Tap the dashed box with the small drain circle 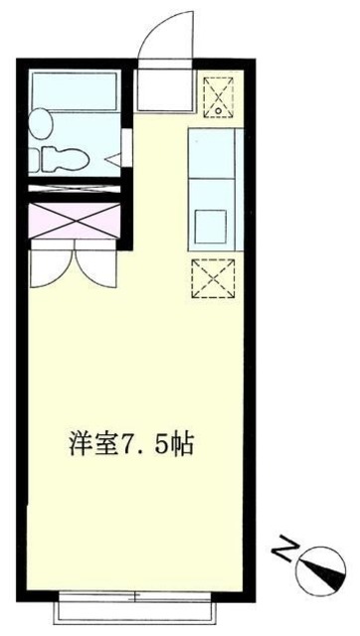[x=216, y=96]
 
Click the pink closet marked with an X [x=75, y=219]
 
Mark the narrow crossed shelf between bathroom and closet [x=75, y=187]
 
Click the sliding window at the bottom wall [x=136, y=602]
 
